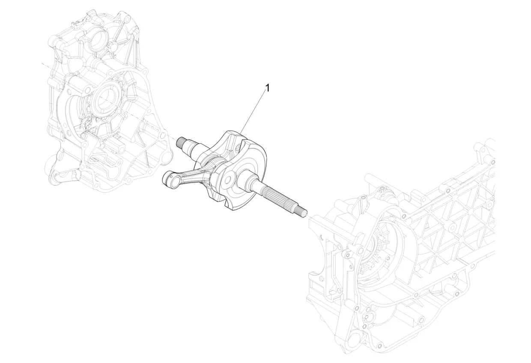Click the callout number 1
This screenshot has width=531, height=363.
click(267, 88)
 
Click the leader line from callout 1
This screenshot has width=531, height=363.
click(253, 113)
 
